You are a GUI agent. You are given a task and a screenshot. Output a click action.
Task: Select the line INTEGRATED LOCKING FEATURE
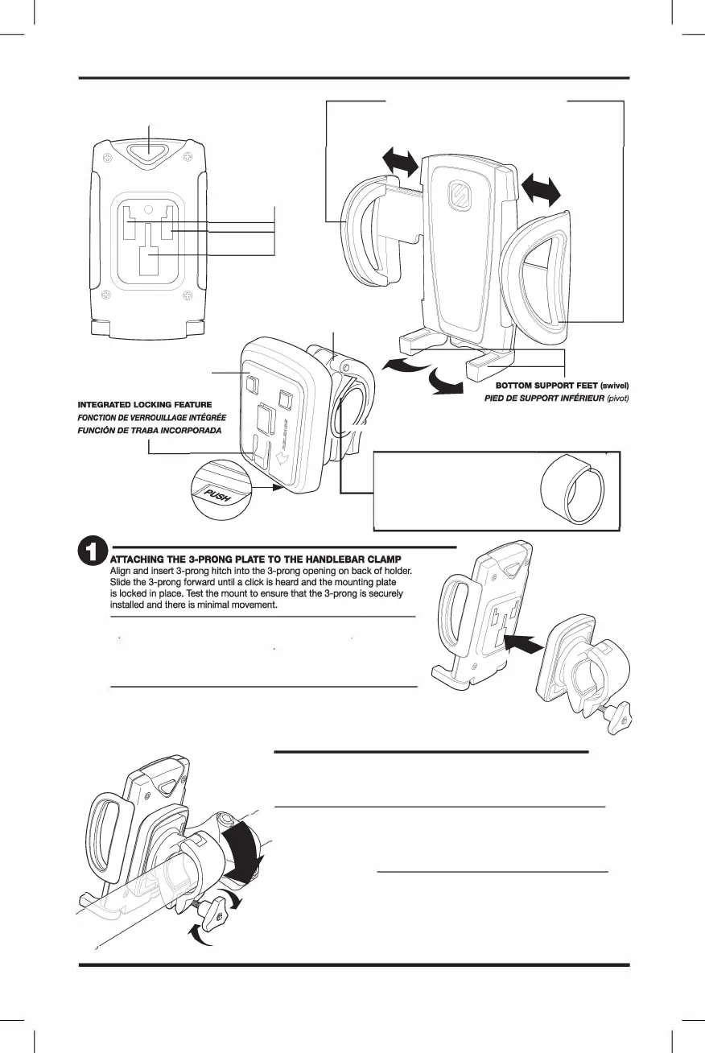point(144,403)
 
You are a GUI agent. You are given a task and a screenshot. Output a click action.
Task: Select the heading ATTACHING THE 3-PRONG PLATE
point(255,560)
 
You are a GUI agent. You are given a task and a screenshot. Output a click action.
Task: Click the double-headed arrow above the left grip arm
point(400,161)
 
